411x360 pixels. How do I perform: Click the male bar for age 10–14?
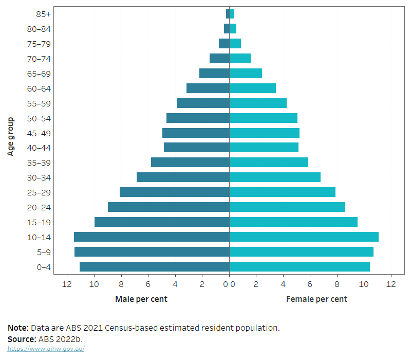coord(152,237)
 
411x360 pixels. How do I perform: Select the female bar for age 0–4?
coord(300,267)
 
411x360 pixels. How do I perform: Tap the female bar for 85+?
coord(232,14)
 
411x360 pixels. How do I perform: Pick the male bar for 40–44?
coord(197,148)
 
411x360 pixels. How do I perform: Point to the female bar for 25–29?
coord(282,192)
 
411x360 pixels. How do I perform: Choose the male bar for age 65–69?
coord(214,74)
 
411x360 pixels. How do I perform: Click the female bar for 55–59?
coord(258,103)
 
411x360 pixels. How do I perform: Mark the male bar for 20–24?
coord(169,207)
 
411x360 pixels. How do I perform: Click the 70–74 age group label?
coord(39,59)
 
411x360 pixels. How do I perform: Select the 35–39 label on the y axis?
coord(39,163)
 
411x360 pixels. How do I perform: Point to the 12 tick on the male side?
coord(67,284)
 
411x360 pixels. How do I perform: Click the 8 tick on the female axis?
coord(337,284)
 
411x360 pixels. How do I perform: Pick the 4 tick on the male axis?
coord(175,284)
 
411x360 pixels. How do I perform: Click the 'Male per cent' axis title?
coord(141,299)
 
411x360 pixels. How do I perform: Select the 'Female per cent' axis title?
coord(316,299)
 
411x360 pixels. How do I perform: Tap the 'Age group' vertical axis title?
coord(11,136)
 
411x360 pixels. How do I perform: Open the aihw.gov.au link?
coord(46,349)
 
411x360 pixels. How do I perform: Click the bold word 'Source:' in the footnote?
coord(22,339)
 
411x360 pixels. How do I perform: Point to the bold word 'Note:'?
coord(18,328)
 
